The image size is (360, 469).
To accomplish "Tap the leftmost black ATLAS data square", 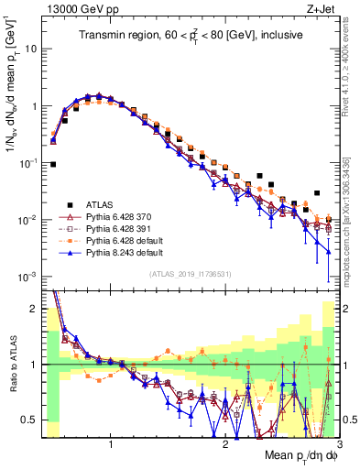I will [x=53, y=165].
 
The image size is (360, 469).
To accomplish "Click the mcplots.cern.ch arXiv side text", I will [x=352, y=211].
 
